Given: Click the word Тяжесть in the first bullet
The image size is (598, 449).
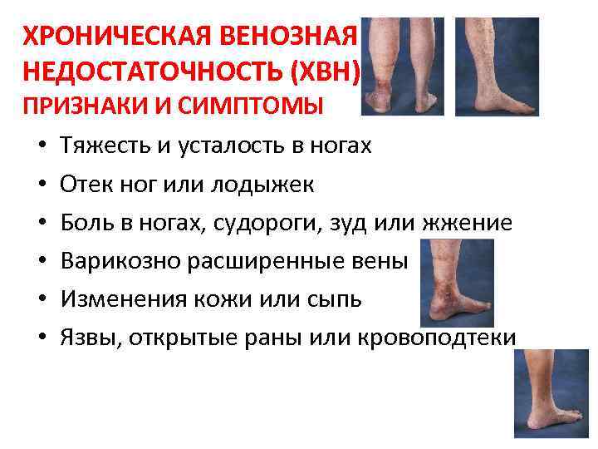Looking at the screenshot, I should [x=100, y=147].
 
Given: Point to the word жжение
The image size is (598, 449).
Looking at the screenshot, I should [x=470, y=223].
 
